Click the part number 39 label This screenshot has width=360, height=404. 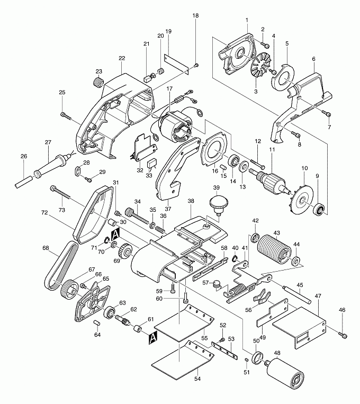click(x=216, y=188)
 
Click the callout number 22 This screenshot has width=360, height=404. click(x=122, y=58)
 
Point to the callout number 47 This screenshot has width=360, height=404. click(x=318, y=297)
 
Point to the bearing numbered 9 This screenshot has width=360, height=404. click(x=320, y=208)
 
